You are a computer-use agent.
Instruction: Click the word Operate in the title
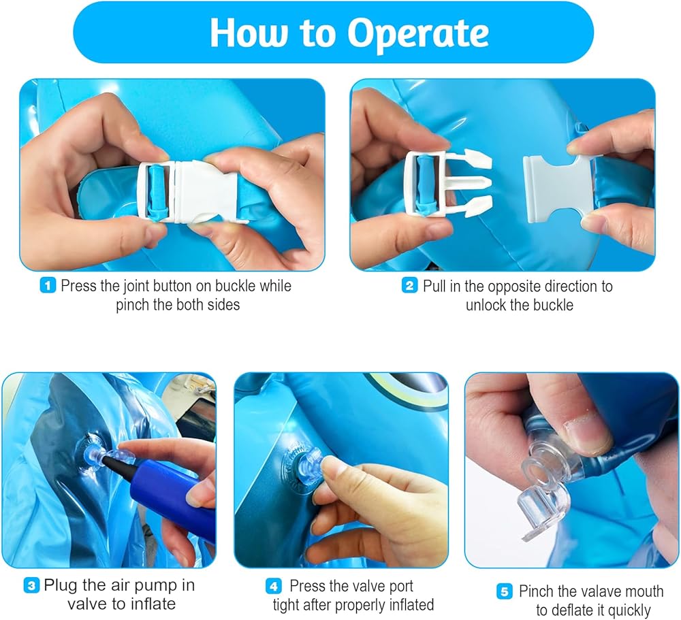417,33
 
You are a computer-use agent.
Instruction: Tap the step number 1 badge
48,286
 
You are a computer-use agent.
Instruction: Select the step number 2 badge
409,286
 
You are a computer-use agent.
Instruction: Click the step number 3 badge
31,585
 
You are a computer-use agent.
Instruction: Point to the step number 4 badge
274,587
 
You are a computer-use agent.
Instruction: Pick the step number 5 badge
504,591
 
